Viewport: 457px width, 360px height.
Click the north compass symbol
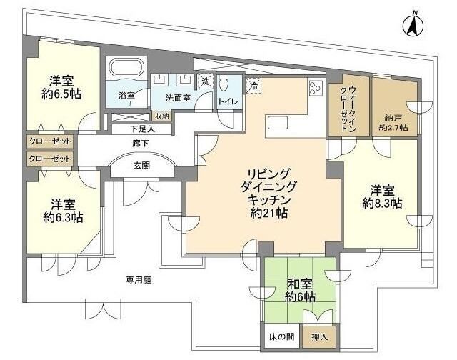click(x=413, y=25)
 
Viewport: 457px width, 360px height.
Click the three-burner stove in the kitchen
click(x=316, y=87)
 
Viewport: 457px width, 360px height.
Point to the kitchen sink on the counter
click(x=278, y=122)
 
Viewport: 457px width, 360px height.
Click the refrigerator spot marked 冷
click(x=253, y=86)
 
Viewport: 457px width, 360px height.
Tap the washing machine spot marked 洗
click(x=206, y=81)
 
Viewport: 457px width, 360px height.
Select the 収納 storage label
click(x=162, y=116)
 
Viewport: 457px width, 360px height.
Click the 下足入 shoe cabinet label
click(x=142, y=129)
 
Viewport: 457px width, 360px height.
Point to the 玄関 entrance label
click(x=142, y=165)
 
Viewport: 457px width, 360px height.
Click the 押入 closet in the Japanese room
click(x=319, y=337)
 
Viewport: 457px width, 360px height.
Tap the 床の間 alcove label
click(x=281, y=336)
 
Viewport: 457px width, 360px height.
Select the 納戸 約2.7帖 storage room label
click(x=393, y=123)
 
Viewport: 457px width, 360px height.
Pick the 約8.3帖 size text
click(x=382, y=203)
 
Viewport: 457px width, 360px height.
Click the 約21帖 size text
click(x=268, y=213)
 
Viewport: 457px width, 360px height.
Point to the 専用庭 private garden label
click(x=139, y=280)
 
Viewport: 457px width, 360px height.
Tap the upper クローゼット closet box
click(x=50, y=141)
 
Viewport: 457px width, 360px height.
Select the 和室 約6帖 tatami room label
click(x=300, y=290)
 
